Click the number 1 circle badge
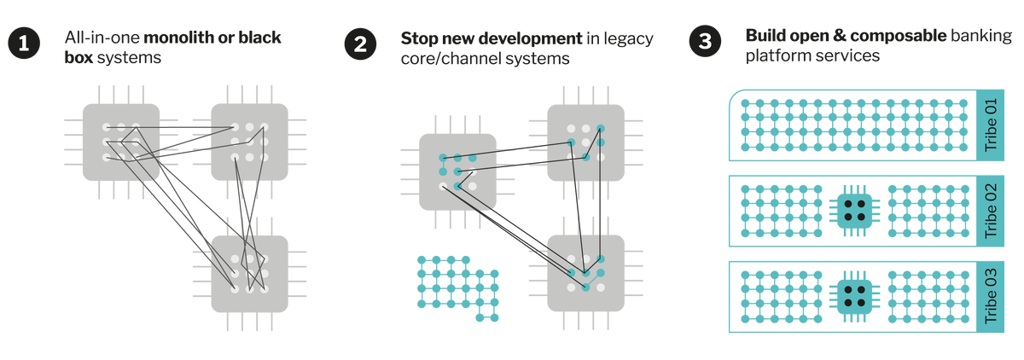24,44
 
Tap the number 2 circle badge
360,44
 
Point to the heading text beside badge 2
527,48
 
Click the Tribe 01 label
991,125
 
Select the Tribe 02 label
991,211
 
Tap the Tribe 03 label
991,296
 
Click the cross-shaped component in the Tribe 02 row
854,211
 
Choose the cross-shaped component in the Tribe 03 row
854,296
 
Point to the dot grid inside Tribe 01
854,125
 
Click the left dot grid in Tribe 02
781,211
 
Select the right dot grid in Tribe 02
928,211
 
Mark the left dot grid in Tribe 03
781,296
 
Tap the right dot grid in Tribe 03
928,296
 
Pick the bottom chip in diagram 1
249,273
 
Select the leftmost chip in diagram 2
457,171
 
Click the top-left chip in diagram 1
121,142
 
